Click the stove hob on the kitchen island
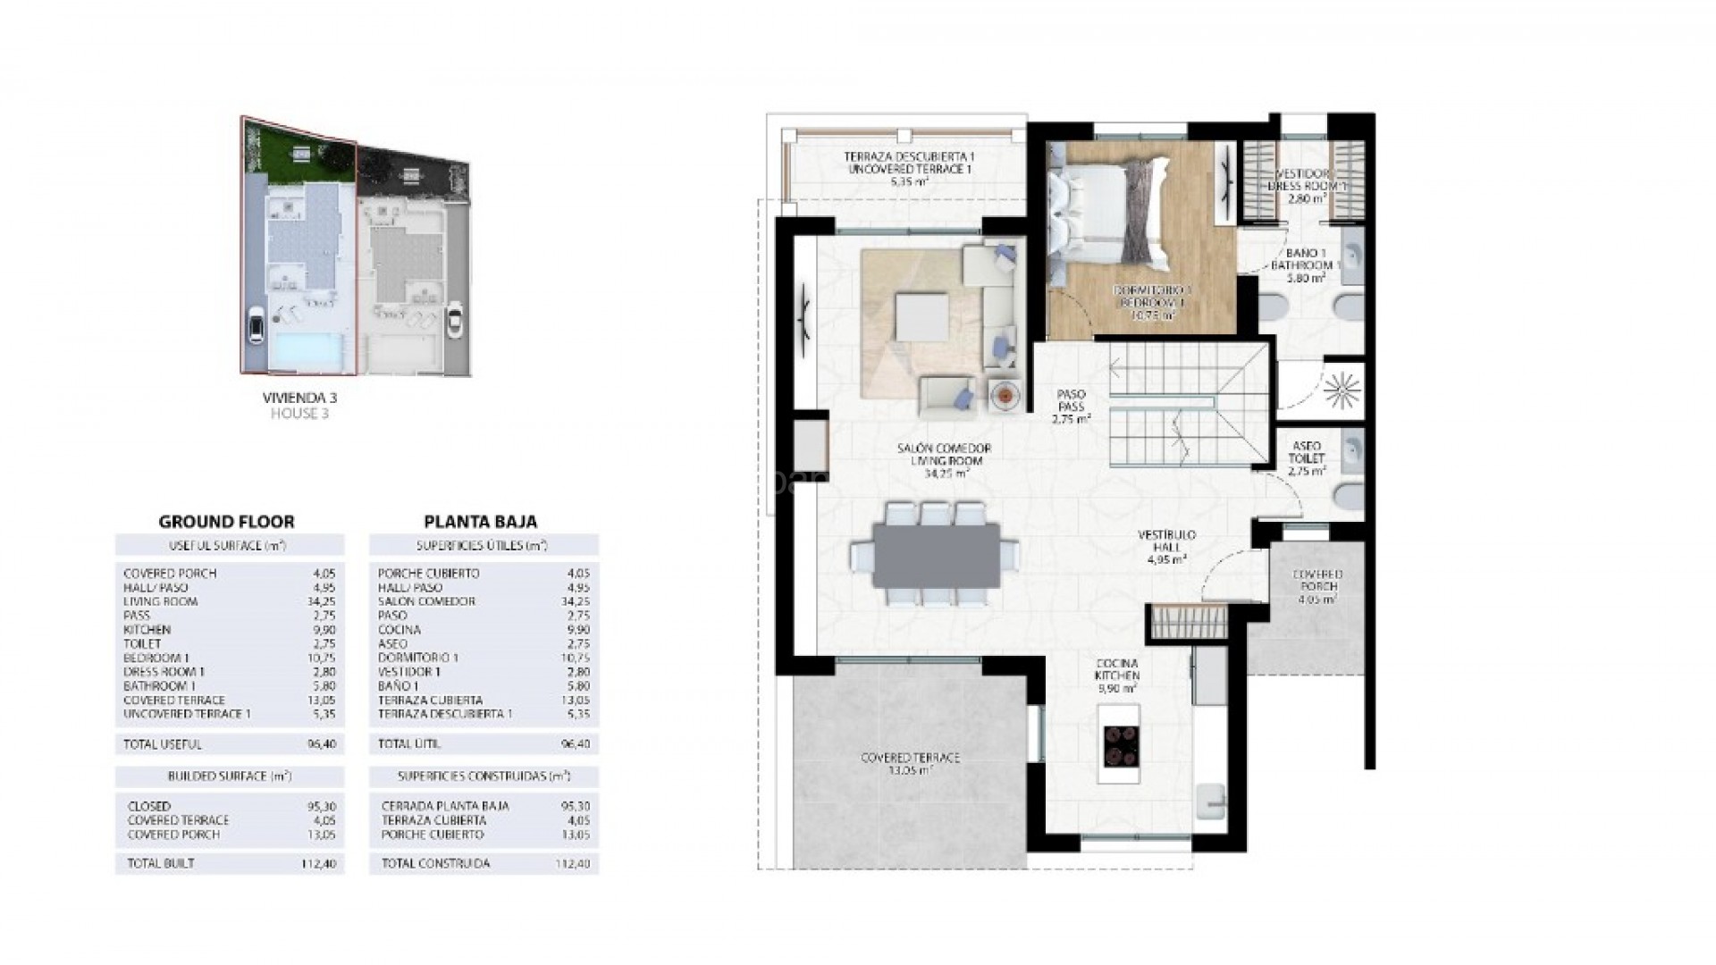tap(1122, 745)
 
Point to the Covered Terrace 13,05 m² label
tap(910, 763)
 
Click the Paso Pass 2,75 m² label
tap(1071, 406)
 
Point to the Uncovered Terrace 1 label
tap(909, 169)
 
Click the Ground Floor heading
tap(226, 522)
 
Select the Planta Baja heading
tap(480, 522)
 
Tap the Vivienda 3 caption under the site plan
tap(299, 397)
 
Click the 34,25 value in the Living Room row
tap(319, 601)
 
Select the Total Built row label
tap(161, 863)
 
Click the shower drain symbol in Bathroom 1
tap(1339, 389)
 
